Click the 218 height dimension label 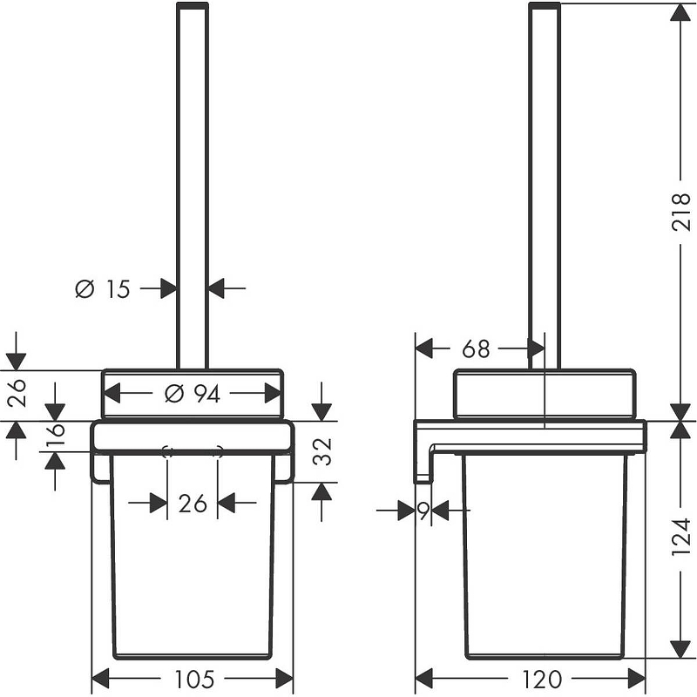click(680, 212)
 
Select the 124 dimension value click(680, 537)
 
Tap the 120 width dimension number click(541, 679)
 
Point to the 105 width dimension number click(193, 679)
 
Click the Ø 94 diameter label click(192, 394)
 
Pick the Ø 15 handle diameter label click(103, 289)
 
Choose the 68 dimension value click(476, 349)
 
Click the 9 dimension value click(423, 511)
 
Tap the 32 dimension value click(322, 451)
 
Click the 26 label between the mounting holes click(193, 504)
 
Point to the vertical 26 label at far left click(17, 394)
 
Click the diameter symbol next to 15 click(85, 289)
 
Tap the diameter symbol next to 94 click(174, 394)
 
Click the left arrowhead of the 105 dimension click(101, 679)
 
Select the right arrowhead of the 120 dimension click(636, 679)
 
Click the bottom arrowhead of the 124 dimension click(680, 647)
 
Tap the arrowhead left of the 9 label click(405, 511)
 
